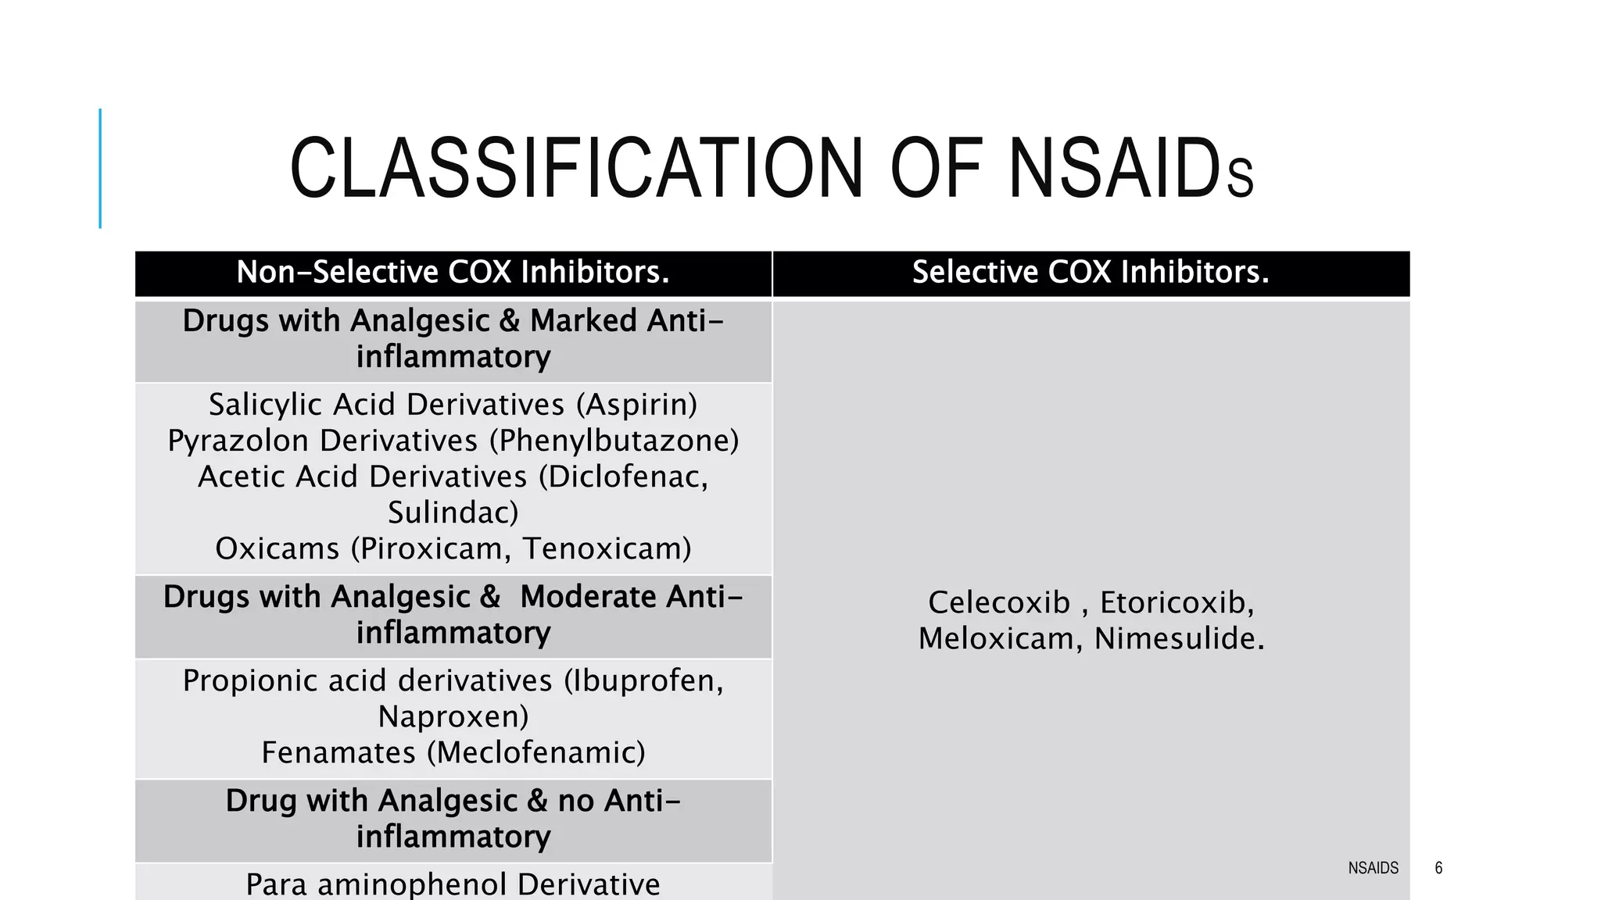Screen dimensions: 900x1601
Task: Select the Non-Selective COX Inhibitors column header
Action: click(x=453, y=273)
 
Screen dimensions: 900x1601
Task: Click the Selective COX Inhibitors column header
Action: click(x=1091, y=273)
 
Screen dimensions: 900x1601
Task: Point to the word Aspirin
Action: click(x=636, y=405)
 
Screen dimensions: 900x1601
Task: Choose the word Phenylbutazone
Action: click(x=614, y=441)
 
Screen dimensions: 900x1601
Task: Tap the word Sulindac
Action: click(x=453, y=512)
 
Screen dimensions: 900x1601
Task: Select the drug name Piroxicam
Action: click(x=434, y=548)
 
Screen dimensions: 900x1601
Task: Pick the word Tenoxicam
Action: click(x=607, y=548)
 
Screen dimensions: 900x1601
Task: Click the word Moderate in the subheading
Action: click(x=588, y=597)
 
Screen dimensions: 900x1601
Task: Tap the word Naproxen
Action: click(x=453, y=716)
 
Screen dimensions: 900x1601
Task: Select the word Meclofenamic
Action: click(x=540, y=752)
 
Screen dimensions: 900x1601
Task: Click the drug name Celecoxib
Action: click(x=998, y=602)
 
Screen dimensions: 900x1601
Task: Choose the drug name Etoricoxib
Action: click(x=1177, y=602)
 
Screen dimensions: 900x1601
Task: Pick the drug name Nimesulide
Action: click(x=1179, y=638)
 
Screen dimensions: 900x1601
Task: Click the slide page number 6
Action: click(x=1438, y=868)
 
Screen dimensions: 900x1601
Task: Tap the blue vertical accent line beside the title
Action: click(x=100, y=168)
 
